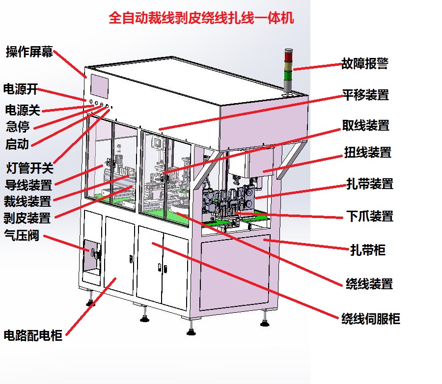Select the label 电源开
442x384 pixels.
pos(21,89)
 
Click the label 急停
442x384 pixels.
pos(18,127)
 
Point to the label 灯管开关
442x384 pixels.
pos(29,168)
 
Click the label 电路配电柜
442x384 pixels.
pos(33,336)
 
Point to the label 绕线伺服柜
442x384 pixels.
pos(371,319)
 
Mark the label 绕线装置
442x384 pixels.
pos(369,283)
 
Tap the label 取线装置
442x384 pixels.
pos(366,125)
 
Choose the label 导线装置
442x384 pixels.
pos(28,186)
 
